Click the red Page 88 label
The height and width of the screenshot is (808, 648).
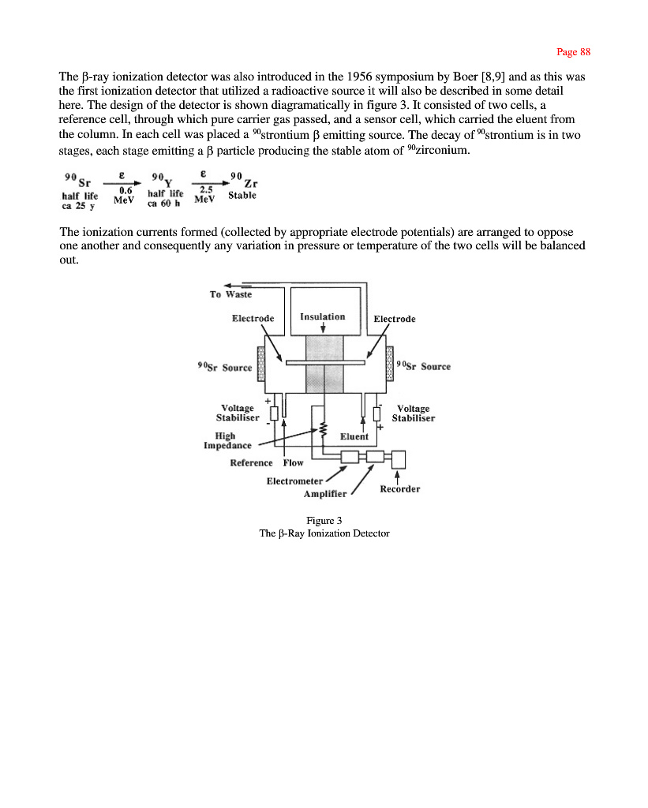tap(573, 52)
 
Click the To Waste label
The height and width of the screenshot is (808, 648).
tap(230, 294)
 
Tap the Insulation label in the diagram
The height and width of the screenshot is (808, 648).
tap(323, 316)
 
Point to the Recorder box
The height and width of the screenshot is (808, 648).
tap(399, 458)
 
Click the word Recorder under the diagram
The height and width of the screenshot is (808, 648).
tap(399, 489)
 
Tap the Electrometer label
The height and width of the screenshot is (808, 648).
tap(294, 481)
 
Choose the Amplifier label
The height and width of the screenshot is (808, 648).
tap(325, 494)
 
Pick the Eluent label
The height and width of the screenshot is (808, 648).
tap(354, 436)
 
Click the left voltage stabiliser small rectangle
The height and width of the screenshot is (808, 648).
tap(273, 413)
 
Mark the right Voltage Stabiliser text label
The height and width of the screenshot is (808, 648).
tap(413, 413)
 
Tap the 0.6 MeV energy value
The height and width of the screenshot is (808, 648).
tap(125, 195)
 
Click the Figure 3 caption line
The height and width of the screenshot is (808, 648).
tap(324, 519)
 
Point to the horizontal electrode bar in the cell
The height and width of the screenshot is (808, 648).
tap(325, 363)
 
